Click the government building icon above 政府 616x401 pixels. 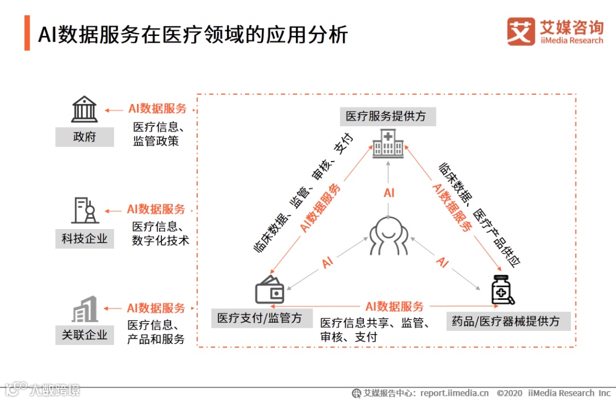click(x=84, y=109)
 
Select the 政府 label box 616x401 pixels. click(x=84, y=137)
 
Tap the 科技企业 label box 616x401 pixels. click(x=84, y=238)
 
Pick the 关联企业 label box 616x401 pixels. click(x=84, y=335)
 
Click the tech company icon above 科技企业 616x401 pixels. click(x=84, y=210)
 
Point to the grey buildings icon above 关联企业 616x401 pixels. click(x=84, y=309)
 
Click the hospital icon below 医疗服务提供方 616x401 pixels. click(x=388, y=143)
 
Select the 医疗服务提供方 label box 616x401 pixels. click(x=386, y=117)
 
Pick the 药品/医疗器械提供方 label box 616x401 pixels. click(x=505, y=321)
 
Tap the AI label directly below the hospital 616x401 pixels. click(x=389, y=193)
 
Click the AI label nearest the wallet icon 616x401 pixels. click(x=327, y=263)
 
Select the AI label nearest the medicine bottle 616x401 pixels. click(x=443, y=263)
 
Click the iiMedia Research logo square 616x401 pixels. click(x=521, y=31)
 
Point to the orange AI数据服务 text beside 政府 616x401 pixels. click(x=157, y=109)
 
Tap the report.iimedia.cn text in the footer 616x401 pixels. click(x=455, y=393)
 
